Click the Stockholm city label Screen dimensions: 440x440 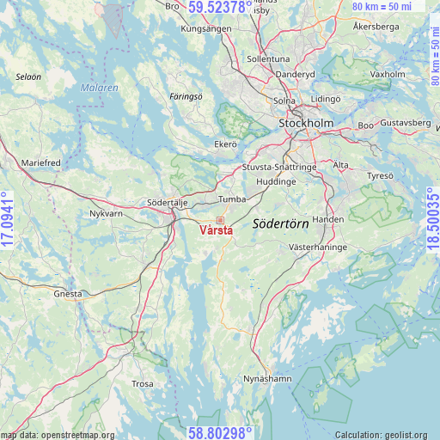[x=306, y=124]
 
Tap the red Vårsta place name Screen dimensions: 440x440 [x=216, y=231]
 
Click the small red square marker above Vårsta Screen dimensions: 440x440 [x=220, y=221]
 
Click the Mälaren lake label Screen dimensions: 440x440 [x=101, y=88]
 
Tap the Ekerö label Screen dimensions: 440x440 [x=225, y=144]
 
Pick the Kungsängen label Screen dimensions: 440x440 [x=206, y=28]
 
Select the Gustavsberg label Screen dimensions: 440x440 [x=405, y=123]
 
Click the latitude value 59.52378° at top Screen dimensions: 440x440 [x=220, y=8]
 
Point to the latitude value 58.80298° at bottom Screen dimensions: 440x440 [x=220, y=432]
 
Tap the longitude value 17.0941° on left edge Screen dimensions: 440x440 [x=8, y=220]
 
